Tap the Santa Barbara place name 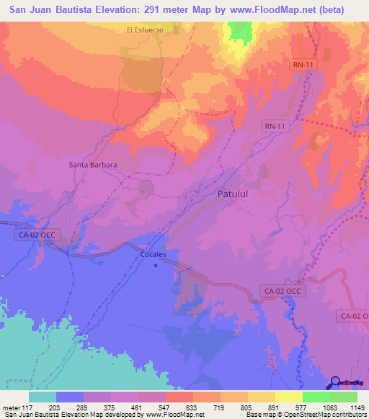[x=93, y=164]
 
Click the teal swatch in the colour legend [x=43, y=397]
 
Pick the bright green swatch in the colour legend [x=316, y=397]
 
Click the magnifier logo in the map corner [x=336, y=382]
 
